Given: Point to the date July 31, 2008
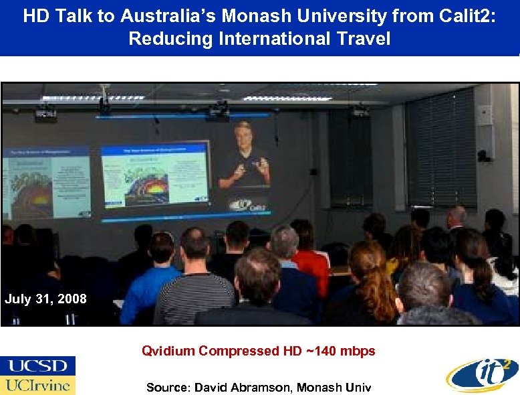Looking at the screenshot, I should [x=45, y=299].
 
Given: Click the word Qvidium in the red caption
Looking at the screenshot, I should [x=168, y=351].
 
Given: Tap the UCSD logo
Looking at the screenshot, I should [x=38, y=366].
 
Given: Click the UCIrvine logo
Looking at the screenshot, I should [x=38, y=385].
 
